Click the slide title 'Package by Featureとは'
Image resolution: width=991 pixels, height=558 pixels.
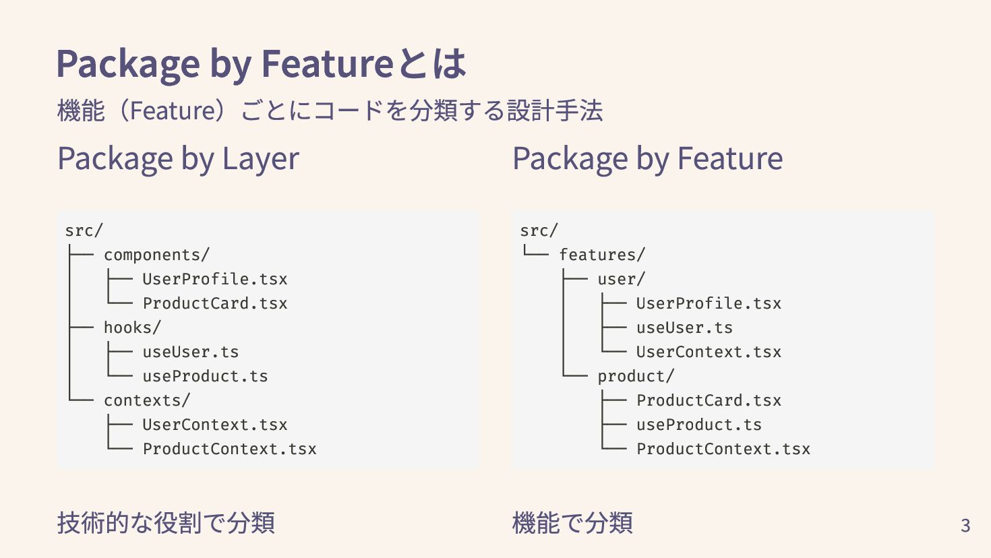click(x=261, y=63)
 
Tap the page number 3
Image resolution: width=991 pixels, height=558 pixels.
click(x=965, y=525)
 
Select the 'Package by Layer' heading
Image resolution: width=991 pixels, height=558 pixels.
click(x=178, y=159)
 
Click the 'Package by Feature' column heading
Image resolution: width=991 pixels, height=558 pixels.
click(x=647, y=159)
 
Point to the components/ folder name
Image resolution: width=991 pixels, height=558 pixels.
click(x=156, y=255)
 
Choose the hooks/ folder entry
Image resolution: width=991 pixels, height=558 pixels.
click(x=132, y=328)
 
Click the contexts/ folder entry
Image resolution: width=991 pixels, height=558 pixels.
click(x=147, y=400)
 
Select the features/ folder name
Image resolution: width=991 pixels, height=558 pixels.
click(x=601, y=255)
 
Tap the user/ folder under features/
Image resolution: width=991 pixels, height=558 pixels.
click(x=621, y=279)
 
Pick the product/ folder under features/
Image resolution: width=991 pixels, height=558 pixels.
click(x=636, y=376)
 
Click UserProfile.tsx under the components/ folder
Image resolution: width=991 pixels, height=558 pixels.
click(x=214, y=279)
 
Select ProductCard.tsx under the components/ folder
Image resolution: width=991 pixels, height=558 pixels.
click(x=214, y=303)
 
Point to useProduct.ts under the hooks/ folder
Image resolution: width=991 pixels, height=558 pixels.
click(x=205, y=376)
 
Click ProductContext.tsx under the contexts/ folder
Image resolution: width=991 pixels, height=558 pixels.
click(x=229, y=449)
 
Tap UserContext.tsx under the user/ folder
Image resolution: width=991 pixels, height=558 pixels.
click(x=709, y=352)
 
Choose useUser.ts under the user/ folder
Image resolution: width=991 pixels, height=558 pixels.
click(x=684, y=328)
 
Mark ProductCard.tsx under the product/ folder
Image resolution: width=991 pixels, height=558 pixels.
click(x=709, y=400)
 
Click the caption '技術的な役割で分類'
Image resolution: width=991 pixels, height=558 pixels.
click(x=166, y=523)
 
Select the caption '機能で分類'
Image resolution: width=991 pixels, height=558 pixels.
click(x=572, y=523)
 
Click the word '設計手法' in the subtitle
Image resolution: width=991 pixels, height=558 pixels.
click(x=554, y=111)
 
